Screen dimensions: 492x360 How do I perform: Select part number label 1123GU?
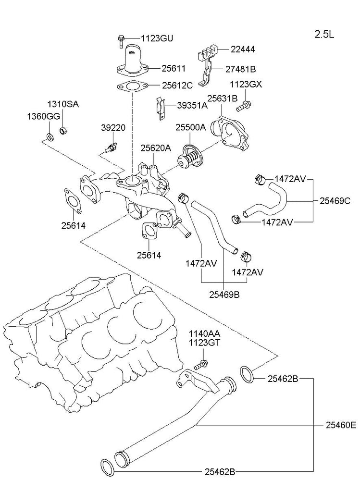[x=157, y=37]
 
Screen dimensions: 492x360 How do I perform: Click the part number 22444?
[x=242, y=49]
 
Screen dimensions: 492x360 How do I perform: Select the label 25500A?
[x=191, y=127]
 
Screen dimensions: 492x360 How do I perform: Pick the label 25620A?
[x=156, y=148]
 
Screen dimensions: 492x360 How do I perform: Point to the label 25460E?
[x=341, y=425]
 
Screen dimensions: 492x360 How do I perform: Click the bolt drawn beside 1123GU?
[x=120, y=41]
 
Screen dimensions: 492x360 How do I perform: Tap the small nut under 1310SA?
[x=62, y=130]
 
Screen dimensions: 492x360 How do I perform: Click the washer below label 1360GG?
[x=50, y=135]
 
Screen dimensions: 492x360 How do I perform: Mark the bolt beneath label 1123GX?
[x=246, y=102]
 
